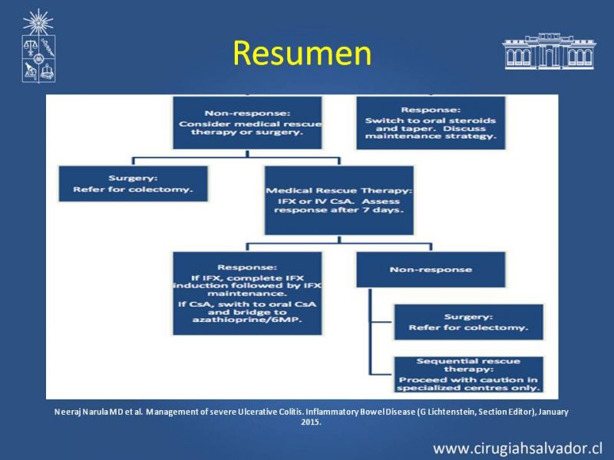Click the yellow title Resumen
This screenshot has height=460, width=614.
tap(302, 53)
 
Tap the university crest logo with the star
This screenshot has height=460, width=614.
tap(38, 46)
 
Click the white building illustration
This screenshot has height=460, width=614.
tap(549, 51)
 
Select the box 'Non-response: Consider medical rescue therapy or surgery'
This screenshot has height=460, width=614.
tap(247, 123)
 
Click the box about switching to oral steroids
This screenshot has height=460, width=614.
tap(431, 123)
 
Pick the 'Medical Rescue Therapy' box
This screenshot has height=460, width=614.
tap(339, 200)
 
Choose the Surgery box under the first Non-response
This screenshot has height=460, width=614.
tap(133, 184)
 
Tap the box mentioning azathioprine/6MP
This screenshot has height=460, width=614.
tap(247, 294)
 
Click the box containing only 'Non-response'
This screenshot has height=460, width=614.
tap(431, 270)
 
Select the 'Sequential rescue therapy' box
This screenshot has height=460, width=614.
tap(469, 374)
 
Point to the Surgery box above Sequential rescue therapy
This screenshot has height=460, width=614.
tap(469, 322)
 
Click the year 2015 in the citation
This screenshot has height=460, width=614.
tap(311, 422)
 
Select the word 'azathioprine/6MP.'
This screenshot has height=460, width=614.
tap(247, 320)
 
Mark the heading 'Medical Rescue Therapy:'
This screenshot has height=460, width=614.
tap(339, 190)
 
